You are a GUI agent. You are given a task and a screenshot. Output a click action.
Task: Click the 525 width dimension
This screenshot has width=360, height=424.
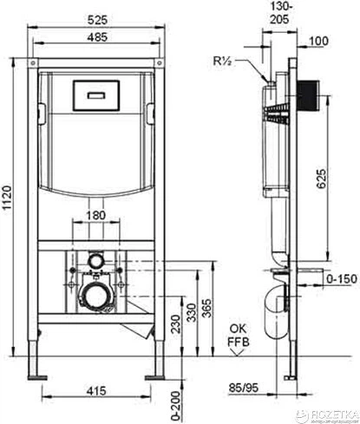point(97,20)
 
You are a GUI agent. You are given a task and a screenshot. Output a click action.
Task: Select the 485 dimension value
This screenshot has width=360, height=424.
point(97,37)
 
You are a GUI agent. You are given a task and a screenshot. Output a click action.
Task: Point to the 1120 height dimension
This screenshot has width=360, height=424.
point(7,198)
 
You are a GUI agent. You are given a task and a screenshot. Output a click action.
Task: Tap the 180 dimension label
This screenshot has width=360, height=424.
point(96,215)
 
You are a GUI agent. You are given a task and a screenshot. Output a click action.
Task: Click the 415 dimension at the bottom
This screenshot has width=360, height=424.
point(96,391)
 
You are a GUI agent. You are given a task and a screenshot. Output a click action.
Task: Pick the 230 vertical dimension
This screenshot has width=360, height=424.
point(175,324)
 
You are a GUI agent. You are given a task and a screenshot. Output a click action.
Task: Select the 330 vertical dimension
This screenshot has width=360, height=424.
point(191,312)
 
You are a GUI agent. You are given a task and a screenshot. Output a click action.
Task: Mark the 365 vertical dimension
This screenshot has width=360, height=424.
point(206,309)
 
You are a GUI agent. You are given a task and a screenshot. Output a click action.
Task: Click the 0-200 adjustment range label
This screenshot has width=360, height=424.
point(175,406)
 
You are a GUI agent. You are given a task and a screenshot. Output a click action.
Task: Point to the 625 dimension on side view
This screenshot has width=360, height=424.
point(321,179)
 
